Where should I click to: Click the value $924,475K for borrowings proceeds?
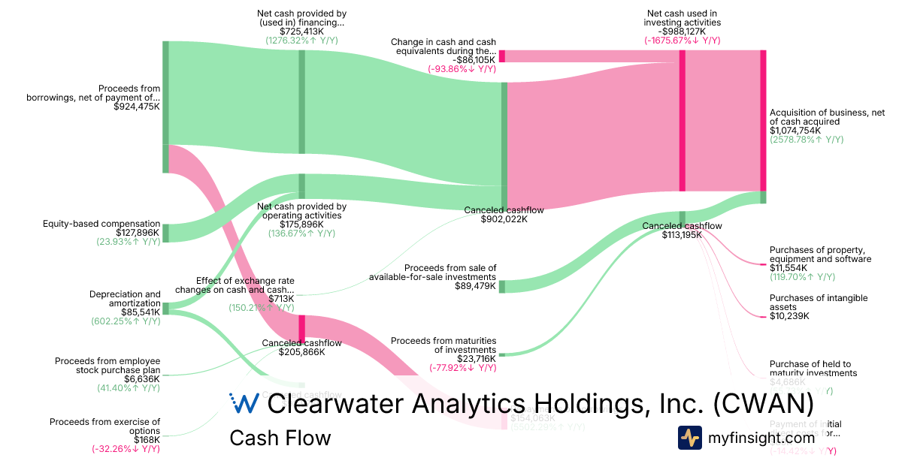[x=136, y=107]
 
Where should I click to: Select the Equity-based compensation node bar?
[x=166, y=233]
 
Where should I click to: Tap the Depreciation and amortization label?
[x=125, y=298]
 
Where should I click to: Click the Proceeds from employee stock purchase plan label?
[x=107, y=366]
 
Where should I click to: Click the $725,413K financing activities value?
[x=301, y=32]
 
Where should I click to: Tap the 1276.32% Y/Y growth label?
[x=301, y=41]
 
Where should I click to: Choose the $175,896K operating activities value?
[x=301, y=224]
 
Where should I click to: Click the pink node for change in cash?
[x=501, y=56]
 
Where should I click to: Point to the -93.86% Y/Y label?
[x=462, y=69]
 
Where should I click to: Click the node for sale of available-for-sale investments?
[x=502, y=286]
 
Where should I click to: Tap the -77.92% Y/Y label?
[x=462, y=368]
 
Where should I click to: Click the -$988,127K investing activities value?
[x=682, y=32]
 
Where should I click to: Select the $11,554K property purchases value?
[x=788, y=268]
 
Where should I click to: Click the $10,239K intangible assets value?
[x=789, y=316]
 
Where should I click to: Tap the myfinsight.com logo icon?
[x=690, y=438]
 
